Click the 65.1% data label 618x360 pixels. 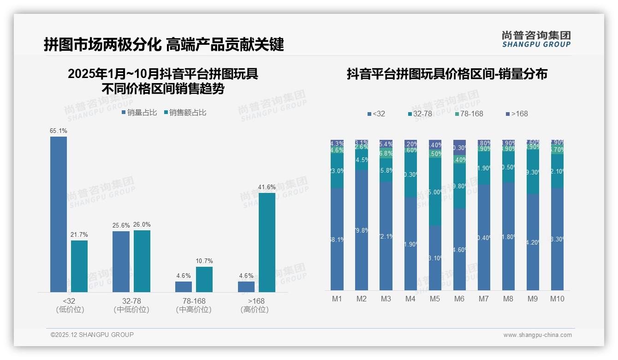(59, 131)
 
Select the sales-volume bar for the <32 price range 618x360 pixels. (59, 214)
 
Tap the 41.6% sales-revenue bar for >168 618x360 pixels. (267, 242)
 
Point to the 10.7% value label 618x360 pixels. (204, 261)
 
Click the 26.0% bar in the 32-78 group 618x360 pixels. (142, 261)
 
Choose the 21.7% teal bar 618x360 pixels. (79, 266)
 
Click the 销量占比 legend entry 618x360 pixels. (139, 113)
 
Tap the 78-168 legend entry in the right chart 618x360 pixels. (469, 114)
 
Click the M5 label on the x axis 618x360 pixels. (435, 299)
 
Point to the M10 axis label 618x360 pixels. (557, 299)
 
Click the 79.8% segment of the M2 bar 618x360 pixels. (362, 230)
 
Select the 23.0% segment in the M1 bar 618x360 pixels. (337, 171)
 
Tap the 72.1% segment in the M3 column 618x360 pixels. (386, 236)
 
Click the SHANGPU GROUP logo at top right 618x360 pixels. (536, 39)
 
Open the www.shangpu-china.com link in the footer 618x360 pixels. (537, 335)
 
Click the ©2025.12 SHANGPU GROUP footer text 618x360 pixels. (92, 335)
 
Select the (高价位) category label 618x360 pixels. (255, 310)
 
